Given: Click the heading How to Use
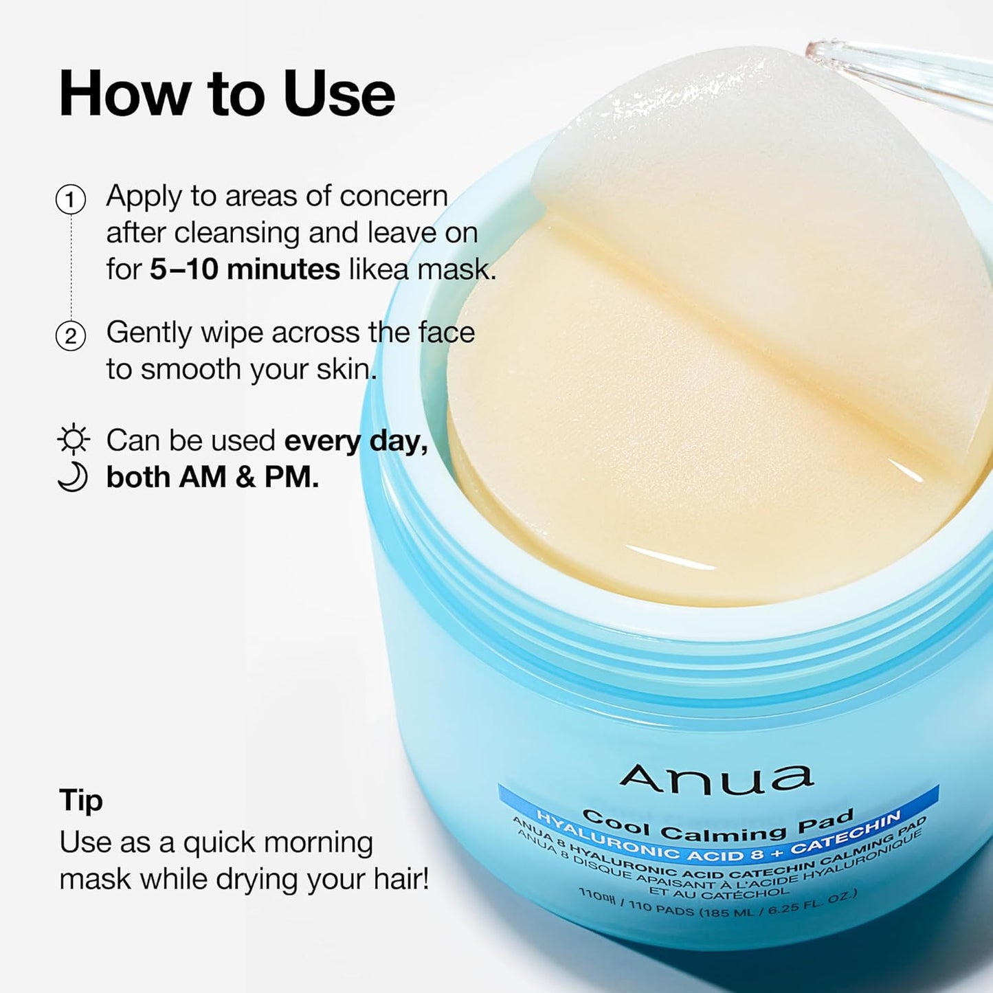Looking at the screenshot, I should (227, 94).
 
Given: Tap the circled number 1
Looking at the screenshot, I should (70, 200).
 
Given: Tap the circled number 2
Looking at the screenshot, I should (70, 337).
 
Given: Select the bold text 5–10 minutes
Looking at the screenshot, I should (245, 269).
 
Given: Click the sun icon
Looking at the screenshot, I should (73, 440).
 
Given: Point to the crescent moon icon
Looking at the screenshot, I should (73, 477).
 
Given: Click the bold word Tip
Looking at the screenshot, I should (81, 801).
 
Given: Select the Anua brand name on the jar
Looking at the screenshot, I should (716, 779).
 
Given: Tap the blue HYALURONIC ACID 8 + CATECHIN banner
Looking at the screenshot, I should (718, 840).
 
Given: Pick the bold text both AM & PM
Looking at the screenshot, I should (212, 478).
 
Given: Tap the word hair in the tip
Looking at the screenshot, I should (401, 880).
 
